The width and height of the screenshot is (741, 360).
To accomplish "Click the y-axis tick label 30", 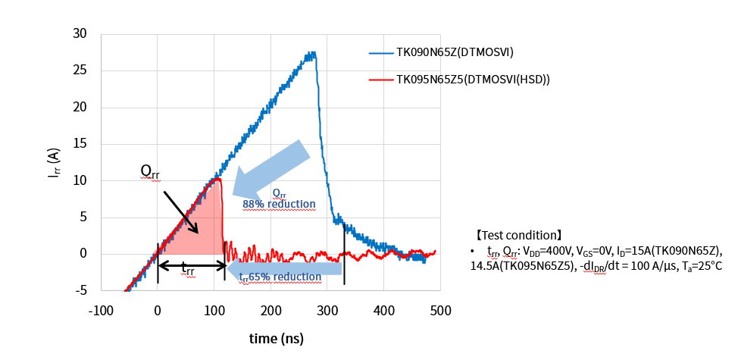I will coord(80,34).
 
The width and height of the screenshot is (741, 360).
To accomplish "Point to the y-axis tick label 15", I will coord(80,144).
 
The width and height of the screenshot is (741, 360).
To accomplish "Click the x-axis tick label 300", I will coord(327,311).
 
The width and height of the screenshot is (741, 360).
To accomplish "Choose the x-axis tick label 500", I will coord(440,311).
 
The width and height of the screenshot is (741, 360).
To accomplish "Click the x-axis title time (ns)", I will coord(277,339).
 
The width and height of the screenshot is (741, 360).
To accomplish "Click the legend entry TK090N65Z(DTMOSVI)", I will coord(455,53).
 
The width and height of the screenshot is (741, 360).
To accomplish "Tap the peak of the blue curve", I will coord(311,54).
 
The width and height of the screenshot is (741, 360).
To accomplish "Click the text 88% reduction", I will coord(279,205).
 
